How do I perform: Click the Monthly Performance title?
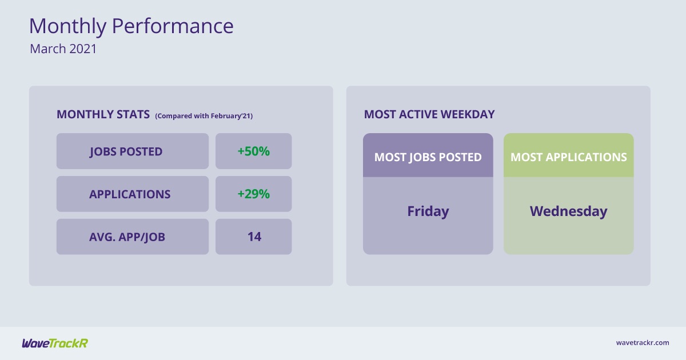[131, 27]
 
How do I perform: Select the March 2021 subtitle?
[63, 49]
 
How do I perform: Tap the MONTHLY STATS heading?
[103, 114]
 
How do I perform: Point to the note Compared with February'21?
[204, 116]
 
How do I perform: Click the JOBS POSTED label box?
[133, 151]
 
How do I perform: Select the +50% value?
[254, 151]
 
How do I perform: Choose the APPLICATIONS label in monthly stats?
[130, 194]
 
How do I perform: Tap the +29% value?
[254, 194]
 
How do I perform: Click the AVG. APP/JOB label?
[127, 237]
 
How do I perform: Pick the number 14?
[254, 237]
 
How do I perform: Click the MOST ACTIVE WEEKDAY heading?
[429, 114]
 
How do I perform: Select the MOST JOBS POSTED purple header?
[428, 155]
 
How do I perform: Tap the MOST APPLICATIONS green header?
[569, 155]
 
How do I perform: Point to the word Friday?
[428, 211]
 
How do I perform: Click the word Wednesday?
[569, 211]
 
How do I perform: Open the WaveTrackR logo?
[55, 343]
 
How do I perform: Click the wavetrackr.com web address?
[643, 343]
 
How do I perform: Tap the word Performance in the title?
[173, 26]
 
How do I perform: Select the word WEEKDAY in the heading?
[468, 114]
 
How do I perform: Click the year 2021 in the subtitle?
[83, 49]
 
